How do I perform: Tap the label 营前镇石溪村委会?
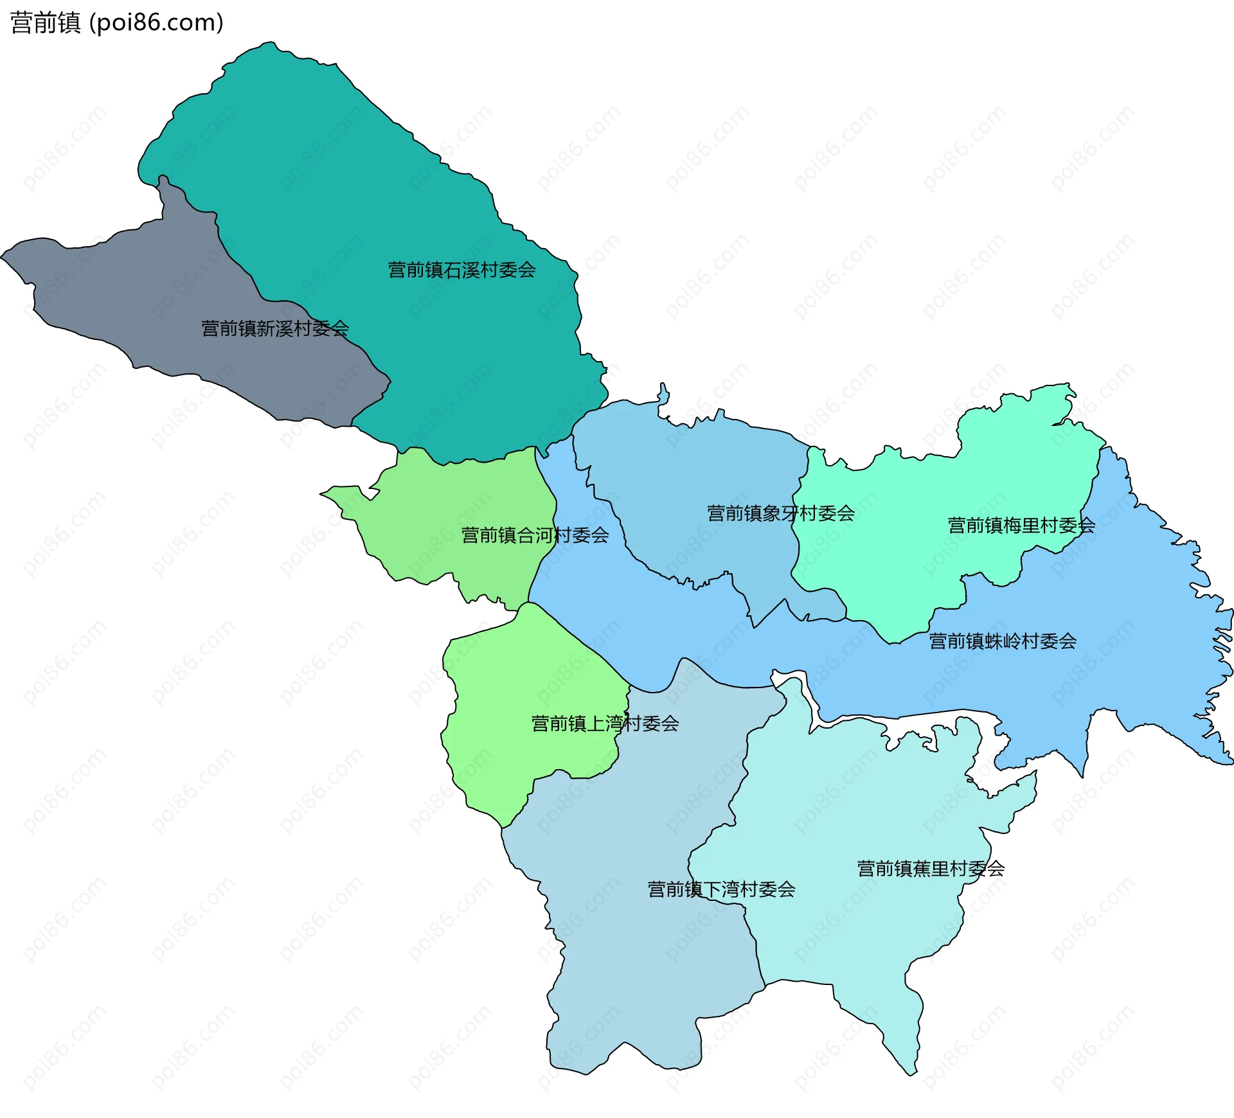461,270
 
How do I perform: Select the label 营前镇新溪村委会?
275,328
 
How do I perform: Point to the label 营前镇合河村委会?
535,535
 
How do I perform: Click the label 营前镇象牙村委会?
780,513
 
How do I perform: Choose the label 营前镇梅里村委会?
1021,526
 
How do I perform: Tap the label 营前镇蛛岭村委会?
1003,641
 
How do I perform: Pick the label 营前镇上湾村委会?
605,724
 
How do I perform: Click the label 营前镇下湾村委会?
721,889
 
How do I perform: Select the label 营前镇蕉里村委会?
931,869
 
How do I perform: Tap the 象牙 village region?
694,469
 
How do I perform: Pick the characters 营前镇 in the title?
45,23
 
